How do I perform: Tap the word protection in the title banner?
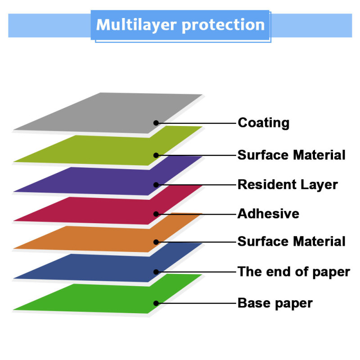223,25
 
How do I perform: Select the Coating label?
263,122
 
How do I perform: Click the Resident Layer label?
288,184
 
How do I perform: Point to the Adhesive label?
268,213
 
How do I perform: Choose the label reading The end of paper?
293,272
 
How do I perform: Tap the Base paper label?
275,303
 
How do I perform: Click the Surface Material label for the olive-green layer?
291,155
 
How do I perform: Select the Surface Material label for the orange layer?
291,242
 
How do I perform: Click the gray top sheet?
103,112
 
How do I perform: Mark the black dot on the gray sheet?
156,122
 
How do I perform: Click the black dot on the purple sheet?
156,184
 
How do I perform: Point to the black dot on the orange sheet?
156,242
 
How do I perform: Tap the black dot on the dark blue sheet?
156,272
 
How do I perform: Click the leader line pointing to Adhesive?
198,214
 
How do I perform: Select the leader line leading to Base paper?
198,303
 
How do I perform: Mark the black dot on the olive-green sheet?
156,155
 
